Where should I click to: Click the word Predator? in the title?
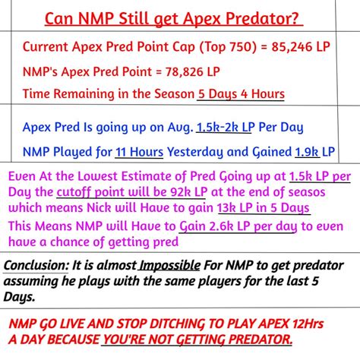pos(258,16)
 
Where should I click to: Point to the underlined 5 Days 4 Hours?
pos(240,94)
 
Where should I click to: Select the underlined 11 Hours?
pos(139,151)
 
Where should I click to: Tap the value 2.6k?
pos(200,226)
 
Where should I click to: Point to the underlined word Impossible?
pos(171,266)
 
